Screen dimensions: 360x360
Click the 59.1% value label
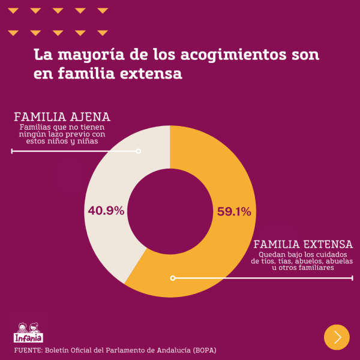[233, 211]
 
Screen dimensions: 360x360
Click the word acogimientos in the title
[221, 55]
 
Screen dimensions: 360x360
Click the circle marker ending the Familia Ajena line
[139, 151]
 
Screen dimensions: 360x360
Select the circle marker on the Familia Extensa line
[173, 278]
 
